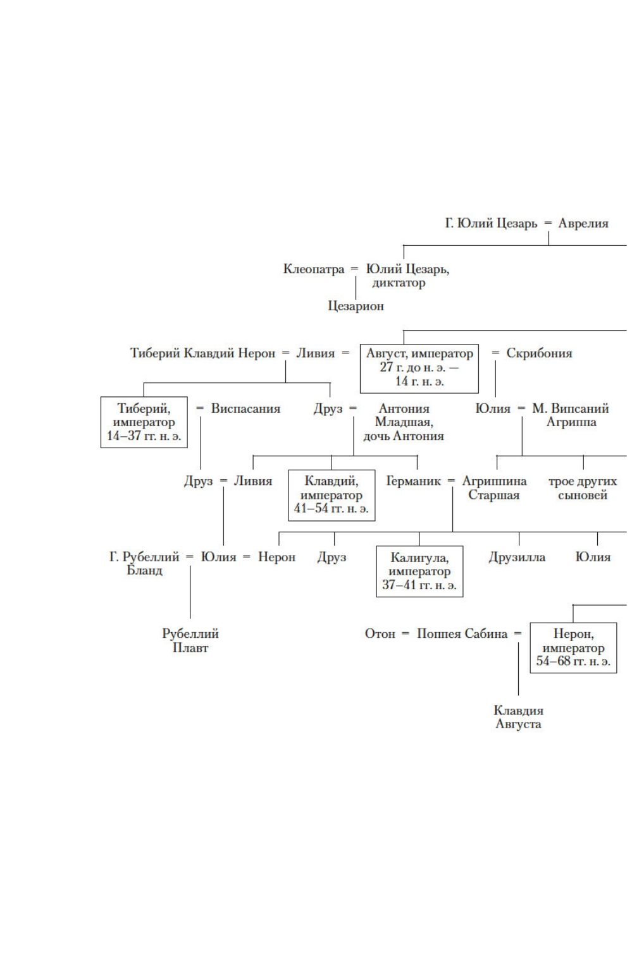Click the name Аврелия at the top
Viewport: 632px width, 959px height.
coord(583,223)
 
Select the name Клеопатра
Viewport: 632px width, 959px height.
coord(314,269)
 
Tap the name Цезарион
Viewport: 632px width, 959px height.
coord(356,306)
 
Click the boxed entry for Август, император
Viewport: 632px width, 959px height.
coord(419,368)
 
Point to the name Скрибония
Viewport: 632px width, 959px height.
coord(539,353)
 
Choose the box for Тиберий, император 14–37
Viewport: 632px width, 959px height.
coord(144,422)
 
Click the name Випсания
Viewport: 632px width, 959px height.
coord(245,409)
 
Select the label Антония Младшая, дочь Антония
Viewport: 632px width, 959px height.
coord(404,422)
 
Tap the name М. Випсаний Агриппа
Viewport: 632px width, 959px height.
coord(571,415)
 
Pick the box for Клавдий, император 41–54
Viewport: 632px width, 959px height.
coord(331,495)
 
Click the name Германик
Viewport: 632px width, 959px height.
coord(413,481)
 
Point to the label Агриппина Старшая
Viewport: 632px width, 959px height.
coord(494,488)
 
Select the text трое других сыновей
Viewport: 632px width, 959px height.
coord(583,488)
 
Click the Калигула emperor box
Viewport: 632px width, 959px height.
coord(419,571)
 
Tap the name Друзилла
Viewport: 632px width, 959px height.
coord(517,557)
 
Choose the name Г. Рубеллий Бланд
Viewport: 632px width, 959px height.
coord(144,563)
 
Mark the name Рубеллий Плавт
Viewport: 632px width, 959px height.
coord(190,640)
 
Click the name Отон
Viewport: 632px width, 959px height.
coord(380,633)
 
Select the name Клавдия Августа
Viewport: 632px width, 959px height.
coord(518,718)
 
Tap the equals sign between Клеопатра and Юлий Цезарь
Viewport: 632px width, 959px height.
coord(354,269)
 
